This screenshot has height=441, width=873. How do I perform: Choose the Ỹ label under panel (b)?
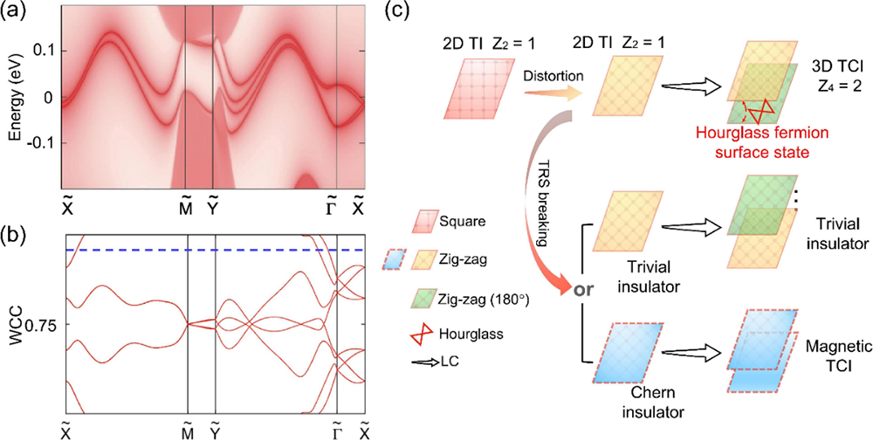tap(214, 429)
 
